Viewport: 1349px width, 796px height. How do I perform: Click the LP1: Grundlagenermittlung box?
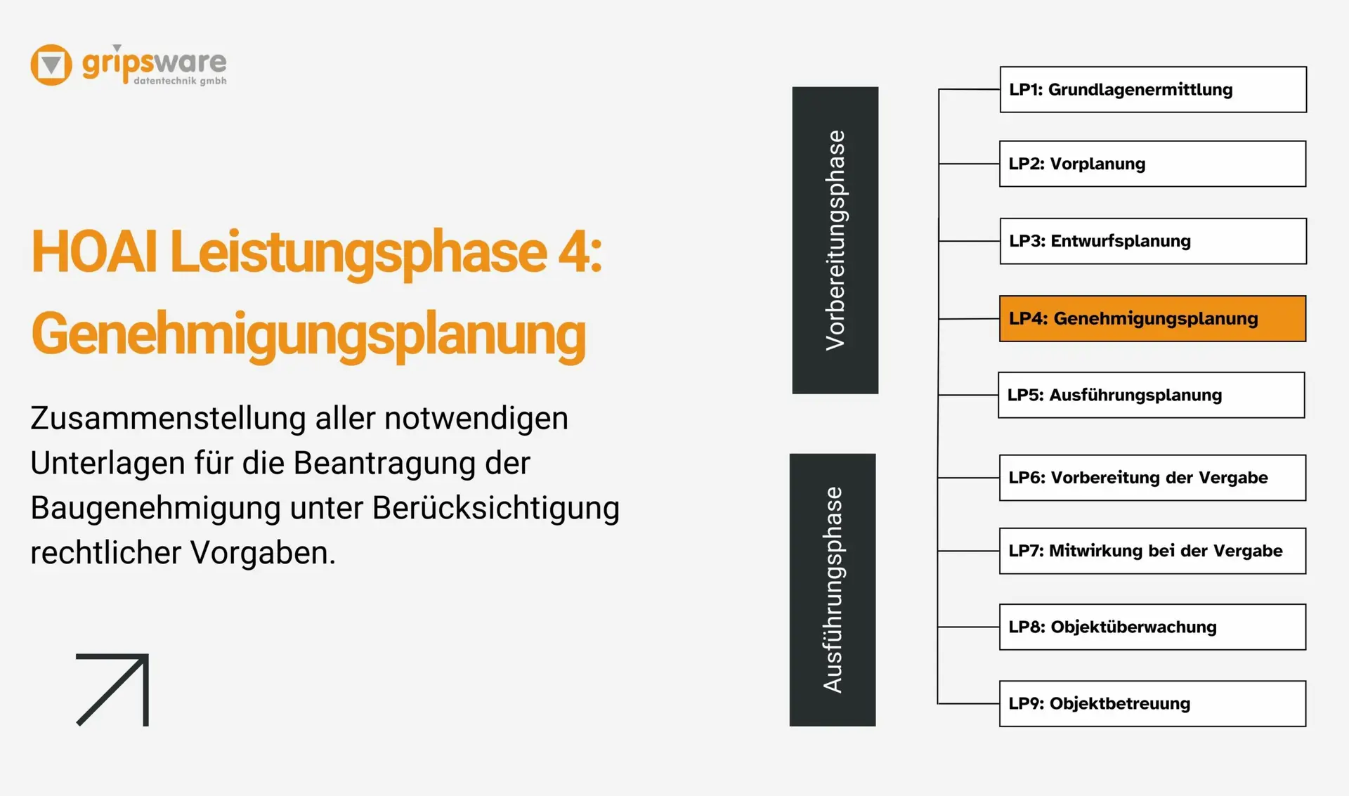tap(1153, 89)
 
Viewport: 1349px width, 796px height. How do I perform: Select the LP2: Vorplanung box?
tap(1152, 164)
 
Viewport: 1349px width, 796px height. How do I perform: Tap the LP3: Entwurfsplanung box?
tap(1153, 241)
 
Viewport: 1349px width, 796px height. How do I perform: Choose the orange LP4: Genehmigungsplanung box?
tap(1152, 318)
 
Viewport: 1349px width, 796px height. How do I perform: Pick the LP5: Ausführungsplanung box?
tap(1151, 395)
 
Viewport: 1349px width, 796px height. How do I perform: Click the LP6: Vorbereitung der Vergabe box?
tap(1152, 478)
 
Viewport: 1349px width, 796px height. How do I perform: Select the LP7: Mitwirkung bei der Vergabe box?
tap(1152, 551)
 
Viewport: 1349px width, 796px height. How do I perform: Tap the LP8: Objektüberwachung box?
tap(1152, 627)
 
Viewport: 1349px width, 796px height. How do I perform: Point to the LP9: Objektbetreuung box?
tap(1152, 703)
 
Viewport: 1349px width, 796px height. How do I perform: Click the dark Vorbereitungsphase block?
tap(835, 240)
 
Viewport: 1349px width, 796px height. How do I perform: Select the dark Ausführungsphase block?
tap(833, 590)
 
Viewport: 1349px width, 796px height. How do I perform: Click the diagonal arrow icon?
tap(112, 690)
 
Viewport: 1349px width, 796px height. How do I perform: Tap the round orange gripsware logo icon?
tap(51, 65)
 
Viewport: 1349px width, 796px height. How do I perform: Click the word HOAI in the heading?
tap(94, 252)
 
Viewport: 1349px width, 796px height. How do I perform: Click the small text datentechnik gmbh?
tap(180, 81)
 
